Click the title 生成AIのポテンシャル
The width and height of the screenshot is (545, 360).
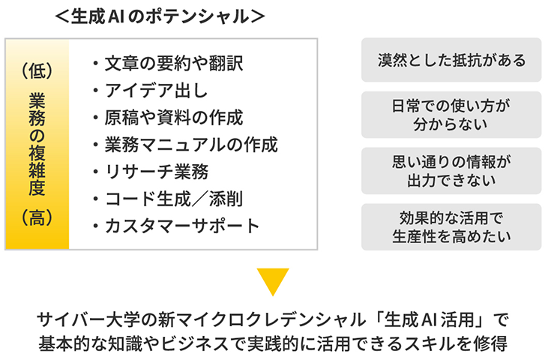[x=160, y=16]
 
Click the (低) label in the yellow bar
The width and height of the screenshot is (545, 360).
[x=37, y=71]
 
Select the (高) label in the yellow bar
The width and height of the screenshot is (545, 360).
[x=37, y=217]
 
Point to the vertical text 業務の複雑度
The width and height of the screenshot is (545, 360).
[x=37, y=144]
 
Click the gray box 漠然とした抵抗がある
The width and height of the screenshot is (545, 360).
[x=451, y=60]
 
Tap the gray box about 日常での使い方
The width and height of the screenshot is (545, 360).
[x=451, y=115]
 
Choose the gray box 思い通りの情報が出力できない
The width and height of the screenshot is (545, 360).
[x=451, y=171]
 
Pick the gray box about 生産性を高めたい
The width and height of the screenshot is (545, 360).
[x=451, y=227]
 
